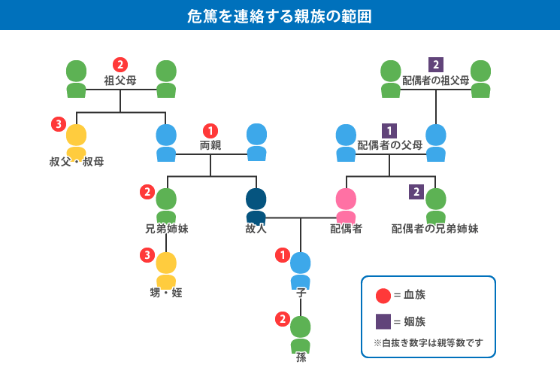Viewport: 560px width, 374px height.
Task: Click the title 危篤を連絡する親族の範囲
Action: click(280, 16)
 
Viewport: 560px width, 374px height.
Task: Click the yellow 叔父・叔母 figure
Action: click(76, 141)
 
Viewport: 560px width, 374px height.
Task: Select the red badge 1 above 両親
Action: click(210, 131)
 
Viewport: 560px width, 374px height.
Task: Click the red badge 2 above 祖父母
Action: click(120, 65)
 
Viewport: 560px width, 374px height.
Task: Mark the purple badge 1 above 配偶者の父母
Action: click(389, 131)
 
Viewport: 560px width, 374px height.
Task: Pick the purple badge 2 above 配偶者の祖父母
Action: click(436, 65)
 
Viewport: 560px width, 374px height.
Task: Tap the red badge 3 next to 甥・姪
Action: click(147, 255)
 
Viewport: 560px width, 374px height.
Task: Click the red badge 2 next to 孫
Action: click(283, 319)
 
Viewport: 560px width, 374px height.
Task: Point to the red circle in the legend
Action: click(383, 296)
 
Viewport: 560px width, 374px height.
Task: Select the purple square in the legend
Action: click(383, 322)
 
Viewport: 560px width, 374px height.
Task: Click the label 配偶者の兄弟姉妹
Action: click(435, 229)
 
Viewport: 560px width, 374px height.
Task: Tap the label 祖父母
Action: click(120, 79)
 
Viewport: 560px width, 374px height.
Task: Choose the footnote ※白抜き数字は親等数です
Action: click(428, 343)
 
